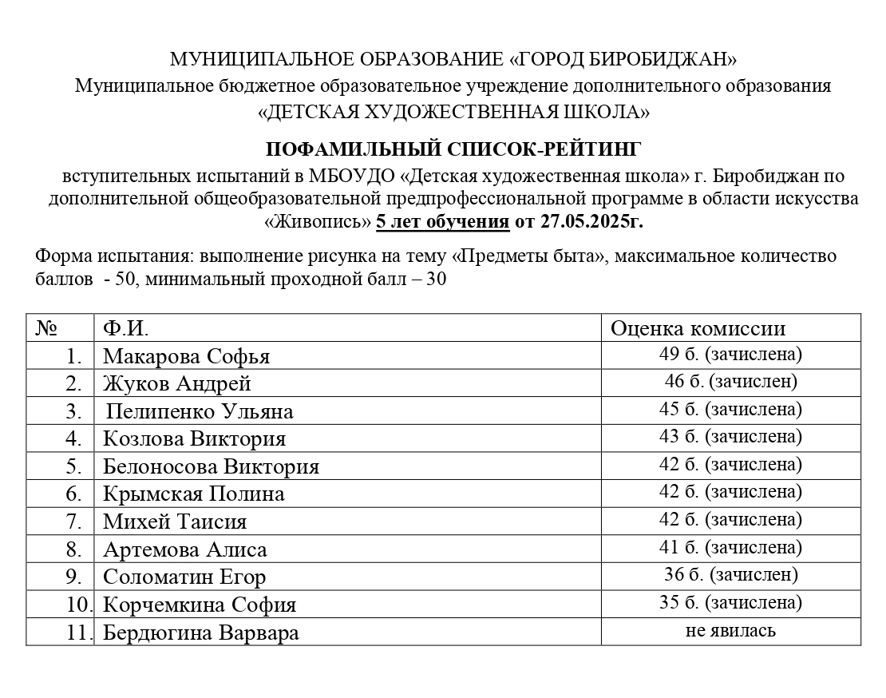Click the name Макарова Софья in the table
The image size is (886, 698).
point(186,356)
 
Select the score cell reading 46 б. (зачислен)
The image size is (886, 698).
point(730,382)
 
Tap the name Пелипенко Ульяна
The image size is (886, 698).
point(200,411)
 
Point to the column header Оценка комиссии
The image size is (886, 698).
point(698,328)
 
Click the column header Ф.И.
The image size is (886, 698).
point(126,328)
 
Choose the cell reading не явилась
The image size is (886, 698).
point(730,631)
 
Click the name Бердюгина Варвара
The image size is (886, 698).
point(201,633)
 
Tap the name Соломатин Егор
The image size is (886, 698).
point(184,577)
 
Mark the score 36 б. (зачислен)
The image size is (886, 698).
point(730,574)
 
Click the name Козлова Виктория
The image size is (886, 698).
point(194,438)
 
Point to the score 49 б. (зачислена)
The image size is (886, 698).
point(730,354)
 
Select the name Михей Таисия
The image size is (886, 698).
point(175,522)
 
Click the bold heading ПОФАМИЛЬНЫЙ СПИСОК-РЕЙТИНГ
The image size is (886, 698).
point(453,149)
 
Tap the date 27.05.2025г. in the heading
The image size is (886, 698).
point(591,221)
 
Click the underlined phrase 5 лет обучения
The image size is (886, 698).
point(442,221)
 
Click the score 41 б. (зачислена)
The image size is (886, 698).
point(730,547)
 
